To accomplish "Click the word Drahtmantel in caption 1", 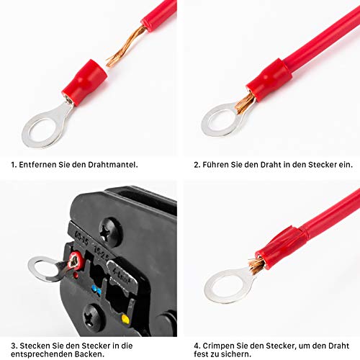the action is click(113, 165).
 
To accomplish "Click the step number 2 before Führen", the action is click(197, 165).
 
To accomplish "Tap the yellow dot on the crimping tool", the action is click(125, 319).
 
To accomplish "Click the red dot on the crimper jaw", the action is click(76, 274).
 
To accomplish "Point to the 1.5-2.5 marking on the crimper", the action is click(102, 252).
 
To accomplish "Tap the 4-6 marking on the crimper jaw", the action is click(122, 275).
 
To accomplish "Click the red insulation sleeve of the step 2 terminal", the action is click(269, 79).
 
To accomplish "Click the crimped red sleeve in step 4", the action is click(280, 247).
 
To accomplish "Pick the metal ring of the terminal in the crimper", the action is click(45, 269).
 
